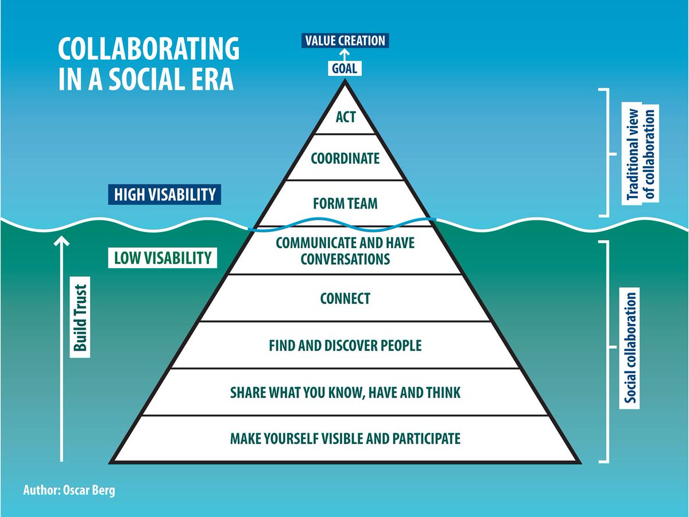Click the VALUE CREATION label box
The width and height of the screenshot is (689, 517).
coord(344,41)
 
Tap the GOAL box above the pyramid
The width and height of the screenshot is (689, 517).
coord(344,68)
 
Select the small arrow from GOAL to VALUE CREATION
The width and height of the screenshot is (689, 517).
coord(344,55)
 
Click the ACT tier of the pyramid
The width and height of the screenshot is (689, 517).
coord(346,117)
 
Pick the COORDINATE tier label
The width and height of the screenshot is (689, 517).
coord(345,158)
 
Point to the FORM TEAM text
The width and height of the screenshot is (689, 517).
coord(345,204)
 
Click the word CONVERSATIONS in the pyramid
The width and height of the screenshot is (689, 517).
coord(345,259)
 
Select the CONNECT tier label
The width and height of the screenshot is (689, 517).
coord(345,299)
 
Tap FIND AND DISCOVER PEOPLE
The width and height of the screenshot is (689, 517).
coord(345,346)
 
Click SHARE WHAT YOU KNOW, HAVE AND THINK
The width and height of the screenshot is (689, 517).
coord(345,393)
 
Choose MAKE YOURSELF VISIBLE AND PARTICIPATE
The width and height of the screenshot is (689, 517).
coord(345,439)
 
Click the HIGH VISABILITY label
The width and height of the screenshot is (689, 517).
coord(164,195)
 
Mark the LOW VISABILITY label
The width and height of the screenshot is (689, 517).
coord(162,258)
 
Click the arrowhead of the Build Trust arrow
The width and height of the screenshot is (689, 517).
coord(62,240)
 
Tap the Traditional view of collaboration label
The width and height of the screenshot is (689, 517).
coord(642,153)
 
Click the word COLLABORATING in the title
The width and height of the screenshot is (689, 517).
coord(148,50)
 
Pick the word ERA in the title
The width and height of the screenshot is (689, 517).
coord(210,79)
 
